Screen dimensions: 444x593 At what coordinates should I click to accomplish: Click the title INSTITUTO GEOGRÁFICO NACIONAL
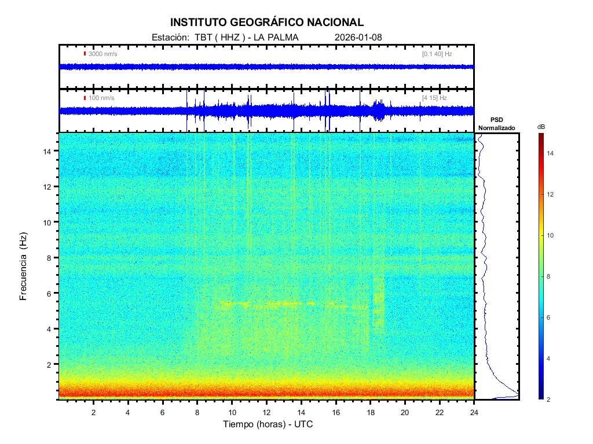point(267,23)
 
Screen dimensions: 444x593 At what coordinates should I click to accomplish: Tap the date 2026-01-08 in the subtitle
point(358,38)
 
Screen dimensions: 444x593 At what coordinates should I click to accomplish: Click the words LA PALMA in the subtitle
point(274,38)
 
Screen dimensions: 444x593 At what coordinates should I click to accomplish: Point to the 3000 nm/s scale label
point(103,54)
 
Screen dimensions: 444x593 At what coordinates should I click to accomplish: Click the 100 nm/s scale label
point(101,98)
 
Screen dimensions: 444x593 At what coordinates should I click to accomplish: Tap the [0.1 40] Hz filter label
point(437,54)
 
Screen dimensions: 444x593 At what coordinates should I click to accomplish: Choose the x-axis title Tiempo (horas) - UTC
point(268,424)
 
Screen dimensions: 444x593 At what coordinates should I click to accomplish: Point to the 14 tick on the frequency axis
point(49,151)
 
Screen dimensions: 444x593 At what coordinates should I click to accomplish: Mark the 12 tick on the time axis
point(266,412)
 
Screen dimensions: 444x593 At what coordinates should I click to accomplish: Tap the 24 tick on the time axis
point(474,412)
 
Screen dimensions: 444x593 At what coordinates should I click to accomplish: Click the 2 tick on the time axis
point(93,412)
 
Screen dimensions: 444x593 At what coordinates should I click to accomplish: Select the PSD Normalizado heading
point(496,124)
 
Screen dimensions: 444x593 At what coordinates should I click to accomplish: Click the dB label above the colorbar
point(541,126)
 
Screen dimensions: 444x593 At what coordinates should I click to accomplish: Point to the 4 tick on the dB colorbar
point(550,359)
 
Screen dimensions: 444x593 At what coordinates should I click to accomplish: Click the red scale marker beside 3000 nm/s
point(85,54)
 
